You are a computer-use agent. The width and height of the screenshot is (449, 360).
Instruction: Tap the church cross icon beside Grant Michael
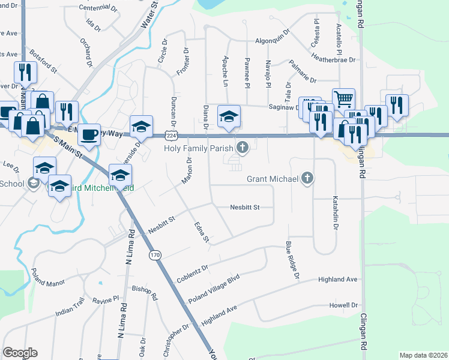(307, 178)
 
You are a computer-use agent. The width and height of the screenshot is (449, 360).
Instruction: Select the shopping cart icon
(343, 99)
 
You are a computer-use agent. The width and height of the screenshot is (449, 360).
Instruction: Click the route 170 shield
(155, 255)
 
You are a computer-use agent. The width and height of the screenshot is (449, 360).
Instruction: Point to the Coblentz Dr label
(192, 274)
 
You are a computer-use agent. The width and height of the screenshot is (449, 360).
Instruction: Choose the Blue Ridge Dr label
(292, 260)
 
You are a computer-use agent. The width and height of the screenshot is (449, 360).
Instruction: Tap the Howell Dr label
(343, 305)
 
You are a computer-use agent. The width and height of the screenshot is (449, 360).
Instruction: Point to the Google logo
(20, 353)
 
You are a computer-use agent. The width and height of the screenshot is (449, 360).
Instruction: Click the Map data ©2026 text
(423, 355)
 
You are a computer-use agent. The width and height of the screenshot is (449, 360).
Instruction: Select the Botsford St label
(43, 62)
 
